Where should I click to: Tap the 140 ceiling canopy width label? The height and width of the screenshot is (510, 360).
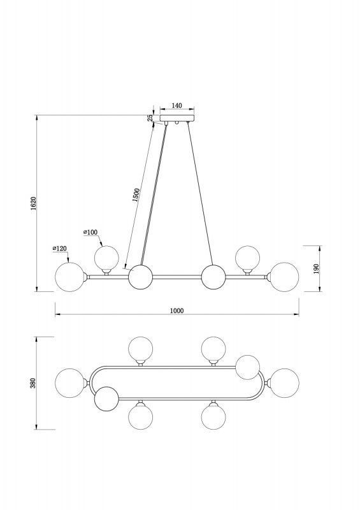click(x=176, y=105)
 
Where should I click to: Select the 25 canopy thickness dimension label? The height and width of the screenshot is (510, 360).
click(x=150, y=118)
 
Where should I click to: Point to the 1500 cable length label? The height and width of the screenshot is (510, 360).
click(x=136, y=195)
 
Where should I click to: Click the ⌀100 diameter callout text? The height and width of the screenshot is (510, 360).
click(x=90, y=232)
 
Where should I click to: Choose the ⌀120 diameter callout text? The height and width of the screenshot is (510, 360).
click(x=59, y=249)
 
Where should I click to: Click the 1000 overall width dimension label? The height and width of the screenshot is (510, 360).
click(x=177, y=310)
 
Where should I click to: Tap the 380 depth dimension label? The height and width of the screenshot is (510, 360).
click(x=37, y=383)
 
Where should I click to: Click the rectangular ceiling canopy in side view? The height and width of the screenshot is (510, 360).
click(x=177, y=118)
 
